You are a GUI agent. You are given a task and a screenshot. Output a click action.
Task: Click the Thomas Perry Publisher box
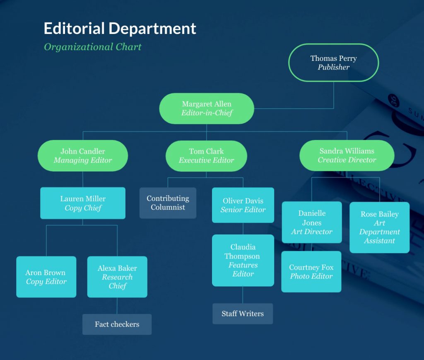[x=333, y=63]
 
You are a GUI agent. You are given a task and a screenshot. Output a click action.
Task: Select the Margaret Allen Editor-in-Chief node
[x=207, y=108]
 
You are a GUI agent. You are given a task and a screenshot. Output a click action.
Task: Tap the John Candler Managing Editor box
[x=83, y=155]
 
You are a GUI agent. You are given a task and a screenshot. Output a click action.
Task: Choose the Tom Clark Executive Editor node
[x=206, y=156]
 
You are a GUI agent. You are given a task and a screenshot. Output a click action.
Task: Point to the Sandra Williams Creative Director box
[x=347, y=155]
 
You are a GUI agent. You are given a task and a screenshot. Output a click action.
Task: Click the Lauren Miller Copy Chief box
[x=83, y=203]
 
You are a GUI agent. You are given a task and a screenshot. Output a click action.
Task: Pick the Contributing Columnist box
[x=168, y=203]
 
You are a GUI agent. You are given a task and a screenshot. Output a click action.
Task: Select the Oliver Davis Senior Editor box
[x=243, y=205]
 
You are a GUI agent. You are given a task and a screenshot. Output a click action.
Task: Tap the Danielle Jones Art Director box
[x=312, y=222]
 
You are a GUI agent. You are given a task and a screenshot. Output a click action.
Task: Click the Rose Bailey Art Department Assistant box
[x=379, y=227]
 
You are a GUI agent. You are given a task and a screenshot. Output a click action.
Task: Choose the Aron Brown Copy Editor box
[x=46, y=277]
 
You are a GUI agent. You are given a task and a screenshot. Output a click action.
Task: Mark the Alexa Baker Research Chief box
[x=117, y=277]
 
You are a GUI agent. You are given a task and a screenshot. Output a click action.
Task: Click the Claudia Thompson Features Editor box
[x=243, y=260]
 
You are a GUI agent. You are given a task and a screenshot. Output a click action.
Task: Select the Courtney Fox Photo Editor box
[x=311, y=272]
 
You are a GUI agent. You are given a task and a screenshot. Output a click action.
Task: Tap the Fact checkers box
[x=117, y=324]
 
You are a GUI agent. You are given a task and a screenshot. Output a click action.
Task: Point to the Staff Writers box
[x=243, y=314]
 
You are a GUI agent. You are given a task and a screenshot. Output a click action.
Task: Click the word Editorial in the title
[x=74, y=29]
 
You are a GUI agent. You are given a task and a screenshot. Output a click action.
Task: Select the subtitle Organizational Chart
[x=93, y=47]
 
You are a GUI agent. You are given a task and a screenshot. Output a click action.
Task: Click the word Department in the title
[x=152, y=29]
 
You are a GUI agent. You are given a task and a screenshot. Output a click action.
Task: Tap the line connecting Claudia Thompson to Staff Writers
[x=243, y=295]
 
